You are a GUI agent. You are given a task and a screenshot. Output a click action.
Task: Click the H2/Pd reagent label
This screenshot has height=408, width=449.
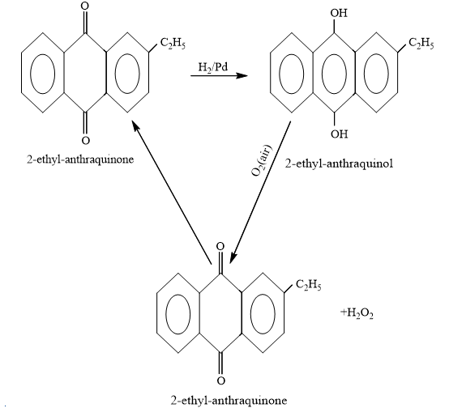point(213,67)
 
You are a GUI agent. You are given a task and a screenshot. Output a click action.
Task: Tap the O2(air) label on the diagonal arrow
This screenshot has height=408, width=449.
point(262,160)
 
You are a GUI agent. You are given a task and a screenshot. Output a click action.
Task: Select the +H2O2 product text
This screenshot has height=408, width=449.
point(357,312)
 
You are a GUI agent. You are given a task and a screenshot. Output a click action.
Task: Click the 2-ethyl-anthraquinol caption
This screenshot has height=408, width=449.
point(339,164)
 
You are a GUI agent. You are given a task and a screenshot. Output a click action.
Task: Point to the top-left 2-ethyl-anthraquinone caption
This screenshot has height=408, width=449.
point(80,159)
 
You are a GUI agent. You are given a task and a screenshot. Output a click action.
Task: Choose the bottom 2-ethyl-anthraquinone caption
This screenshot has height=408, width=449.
point(229,400)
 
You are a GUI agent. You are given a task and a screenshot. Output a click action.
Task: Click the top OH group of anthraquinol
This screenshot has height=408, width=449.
point(339,13)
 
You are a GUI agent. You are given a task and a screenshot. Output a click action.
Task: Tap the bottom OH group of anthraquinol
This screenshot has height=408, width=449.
point(340,134)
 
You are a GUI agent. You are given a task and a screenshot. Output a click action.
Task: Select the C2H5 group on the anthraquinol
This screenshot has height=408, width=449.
point(421,44)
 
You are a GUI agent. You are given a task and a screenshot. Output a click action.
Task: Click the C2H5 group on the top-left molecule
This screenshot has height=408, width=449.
point(173,44)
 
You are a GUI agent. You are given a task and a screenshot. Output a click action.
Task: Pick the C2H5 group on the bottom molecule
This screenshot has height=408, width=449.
point(309,285)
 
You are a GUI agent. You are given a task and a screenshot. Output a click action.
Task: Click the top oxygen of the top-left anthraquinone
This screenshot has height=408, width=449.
point(85,6)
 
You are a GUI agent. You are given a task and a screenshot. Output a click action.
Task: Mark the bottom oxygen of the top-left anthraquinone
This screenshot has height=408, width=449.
point(85,141)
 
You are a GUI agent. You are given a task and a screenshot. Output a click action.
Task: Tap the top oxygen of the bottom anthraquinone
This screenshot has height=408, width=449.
point(220,246)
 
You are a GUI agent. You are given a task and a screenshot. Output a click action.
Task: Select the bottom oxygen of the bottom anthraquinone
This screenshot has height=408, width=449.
point(220,380)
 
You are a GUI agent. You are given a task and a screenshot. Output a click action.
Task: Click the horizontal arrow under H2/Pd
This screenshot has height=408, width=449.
point(219,76)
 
